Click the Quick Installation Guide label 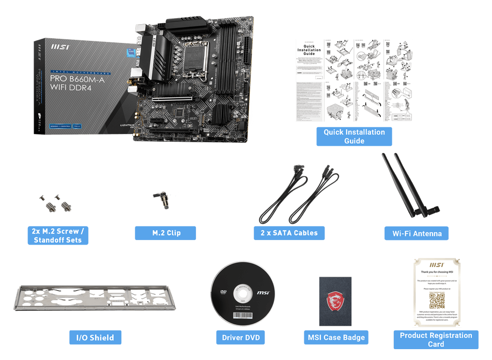point(354,137)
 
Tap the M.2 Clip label point(166,233)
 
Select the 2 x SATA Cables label point(289,233)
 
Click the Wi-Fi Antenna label point(417,233)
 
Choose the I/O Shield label point(95,338)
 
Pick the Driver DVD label point(240,338)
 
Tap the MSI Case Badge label point(336,338)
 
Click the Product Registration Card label point(436,339)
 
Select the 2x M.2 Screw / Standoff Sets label point(58,236)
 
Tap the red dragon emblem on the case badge point(335,302)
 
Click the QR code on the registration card point(437,301)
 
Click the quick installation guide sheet point(354,80)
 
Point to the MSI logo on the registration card point(437,263)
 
